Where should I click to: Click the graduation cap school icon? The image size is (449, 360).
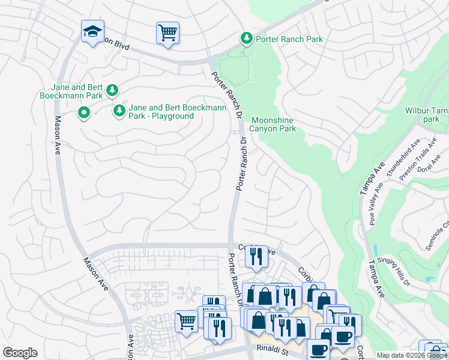pos(92,31)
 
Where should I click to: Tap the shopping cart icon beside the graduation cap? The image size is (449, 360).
pos(167,32)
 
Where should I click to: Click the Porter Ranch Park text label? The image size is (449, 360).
pos(289,39)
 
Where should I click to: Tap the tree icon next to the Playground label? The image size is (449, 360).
pos(119,111)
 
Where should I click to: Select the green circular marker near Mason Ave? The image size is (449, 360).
pos(84,112)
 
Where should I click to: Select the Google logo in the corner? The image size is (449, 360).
pos(20,353)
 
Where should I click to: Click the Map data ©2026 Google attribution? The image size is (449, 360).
pos(411,355)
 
